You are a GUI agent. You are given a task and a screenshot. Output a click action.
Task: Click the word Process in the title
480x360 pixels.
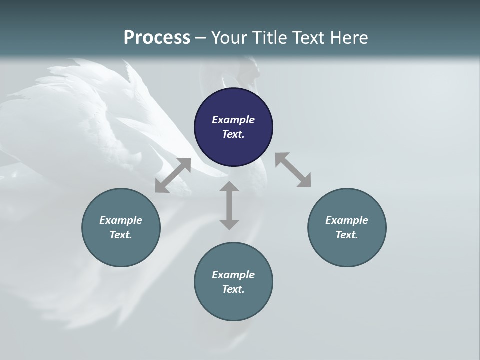click(157, 38)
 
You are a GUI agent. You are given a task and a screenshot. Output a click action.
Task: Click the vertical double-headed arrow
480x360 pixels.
click(229, 206)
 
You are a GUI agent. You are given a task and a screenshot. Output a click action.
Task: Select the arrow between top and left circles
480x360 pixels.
click(173, 175)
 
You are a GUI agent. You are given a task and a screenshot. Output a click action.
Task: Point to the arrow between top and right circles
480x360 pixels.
click(293, 170)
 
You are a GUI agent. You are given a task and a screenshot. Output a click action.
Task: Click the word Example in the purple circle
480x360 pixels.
click(233, 120)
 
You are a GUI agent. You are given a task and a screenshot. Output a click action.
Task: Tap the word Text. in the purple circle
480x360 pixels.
click(233, 134)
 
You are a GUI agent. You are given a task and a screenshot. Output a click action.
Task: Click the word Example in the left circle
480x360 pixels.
click(121, 220)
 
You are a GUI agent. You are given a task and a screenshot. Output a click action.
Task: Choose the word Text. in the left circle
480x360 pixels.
click(121, 235)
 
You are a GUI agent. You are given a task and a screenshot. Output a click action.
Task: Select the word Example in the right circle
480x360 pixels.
click(347, 220)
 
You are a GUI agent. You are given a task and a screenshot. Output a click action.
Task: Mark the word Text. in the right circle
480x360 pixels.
click(347, 235)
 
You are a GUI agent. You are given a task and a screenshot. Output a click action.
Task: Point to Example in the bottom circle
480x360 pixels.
click(233, 275)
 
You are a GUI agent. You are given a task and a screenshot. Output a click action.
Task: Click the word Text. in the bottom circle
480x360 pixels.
click(233, 289)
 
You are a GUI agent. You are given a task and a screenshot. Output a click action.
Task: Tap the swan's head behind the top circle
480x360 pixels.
click(250, 72)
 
